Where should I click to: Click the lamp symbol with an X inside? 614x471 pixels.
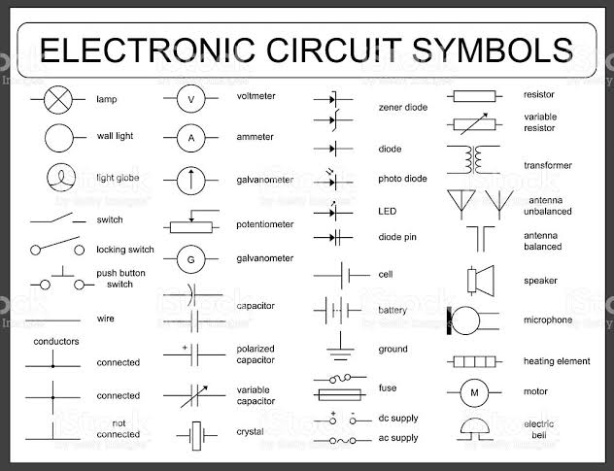(x=60, y=99)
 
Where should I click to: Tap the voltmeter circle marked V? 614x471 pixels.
(x=191, y=99)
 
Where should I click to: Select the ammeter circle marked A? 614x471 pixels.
(x=191, y=138)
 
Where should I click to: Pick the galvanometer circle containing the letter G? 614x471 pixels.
(x=191, y=259)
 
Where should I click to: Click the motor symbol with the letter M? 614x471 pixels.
(x=475, y=392)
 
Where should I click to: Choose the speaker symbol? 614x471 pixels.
(x=477, y=280)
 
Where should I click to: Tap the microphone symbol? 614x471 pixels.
(x=464, y=320)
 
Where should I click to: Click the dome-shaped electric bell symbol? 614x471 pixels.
(x=475, y=428)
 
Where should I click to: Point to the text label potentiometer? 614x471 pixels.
(x=264, y=224)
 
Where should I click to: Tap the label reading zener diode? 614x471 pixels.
(x=402, y=107)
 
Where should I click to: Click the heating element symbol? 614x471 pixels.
(x=475, y=361)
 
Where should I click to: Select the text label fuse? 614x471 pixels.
(x=387, y=387)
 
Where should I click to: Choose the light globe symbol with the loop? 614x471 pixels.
(x=60, y=178)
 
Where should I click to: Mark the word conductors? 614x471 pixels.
(x=56, y=342)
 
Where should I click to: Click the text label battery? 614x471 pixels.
(x=392, y=310)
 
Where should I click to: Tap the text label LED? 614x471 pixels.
(x=387, y=211)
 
